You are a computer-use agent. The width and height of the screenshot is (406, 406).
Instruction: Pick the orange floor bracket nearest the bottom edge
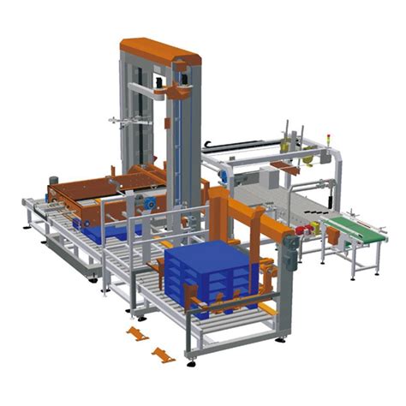tap(163, 354)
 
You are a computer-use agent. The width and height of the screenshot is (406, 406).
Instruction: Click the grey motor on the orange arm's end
tap(290, 250)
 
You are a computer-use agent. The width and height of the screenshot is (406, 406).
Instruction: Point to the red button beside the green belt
tap(301, 230)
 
